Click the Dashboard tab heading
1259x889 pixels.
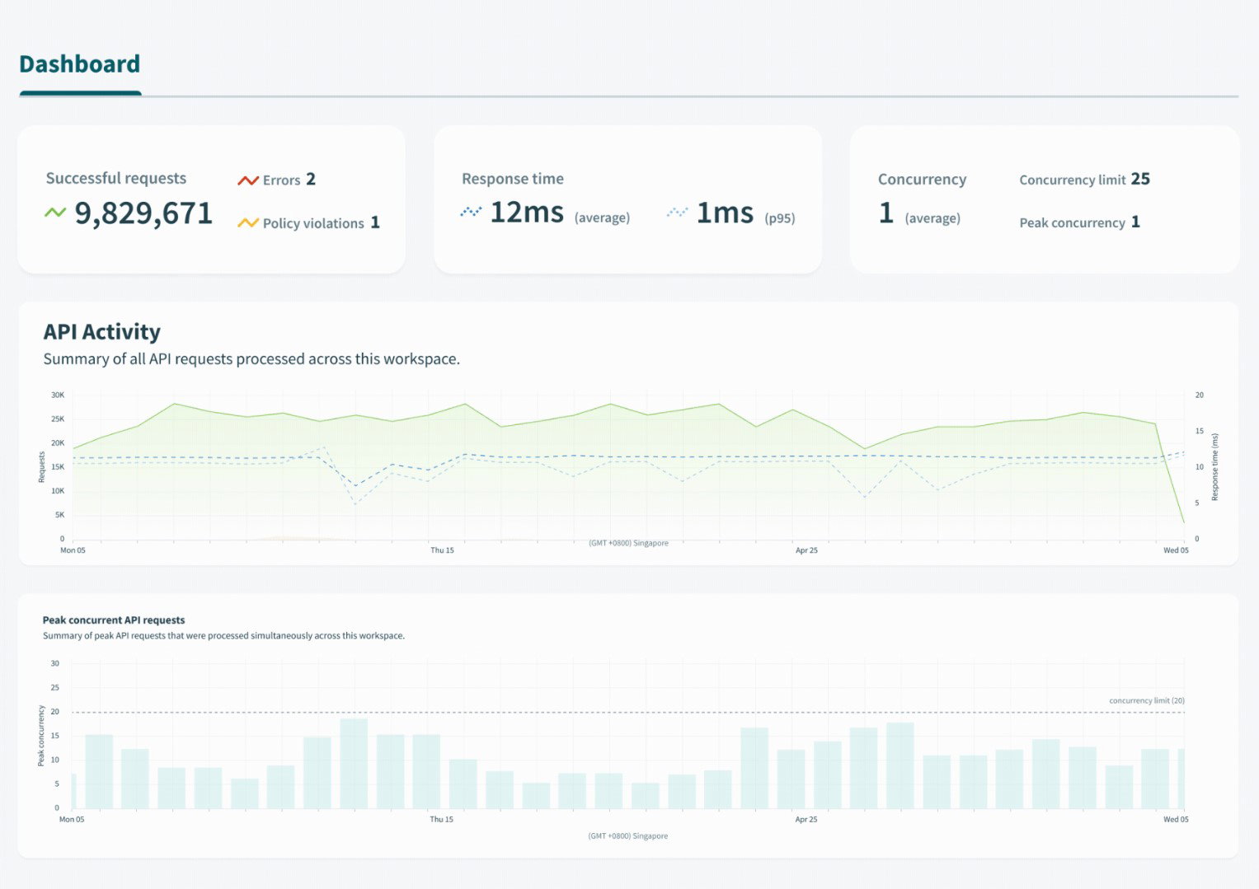pyautogui.click(x=79, y=64)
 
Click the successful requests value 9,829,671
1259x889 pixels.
pyautogui.click(x=143, y=213)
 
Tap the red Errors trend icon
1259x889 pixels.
pyautogui.click(x=247, y=180)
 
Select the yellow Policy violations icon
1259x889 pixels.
pyautogui.click(x=247, y=223)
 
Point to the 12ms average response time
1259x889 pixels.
pyautogui.click(x=527, y=213)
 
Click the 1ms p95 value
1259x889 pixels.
pyautogui.click(x=725, y=213)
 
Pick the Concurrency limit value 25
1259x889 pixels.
pyautogui.click(x=1140, y=179)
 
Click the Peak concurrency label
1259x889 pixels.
pyautogui.click(x=1072, y=222)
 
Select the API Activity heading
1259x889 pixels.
pyautogui.click(x=101, y=331)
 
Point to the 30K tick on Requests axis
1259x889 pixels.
pyautogui.click(x=58, y=395)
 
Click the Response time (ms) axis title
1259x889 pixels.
pyautogui.click(x=1214, y=466)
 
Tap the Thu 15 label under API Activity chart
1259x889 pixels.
pyautogui.click(x=442, y=550)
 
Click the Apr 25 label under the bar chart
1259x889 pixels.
pyautogui.click(x=806, y=820)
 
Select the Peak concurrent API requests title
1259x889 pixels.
pyautogui.click(x=114, y=620)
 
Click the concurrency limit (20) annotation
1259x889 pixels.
pyautogui.click(x=1146, y=700)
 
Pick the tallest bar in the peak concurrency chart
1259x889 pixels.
pyautogui.click(x=354, y=763)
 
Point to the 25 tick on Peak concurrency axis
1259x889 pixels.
pyautogui.click(x=55, y=687)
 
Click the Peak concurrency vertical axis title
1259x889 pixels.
pyautogui.click(x=41, y=735)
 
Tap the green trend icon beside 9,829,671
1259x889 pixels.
pyautogui.click(x=55, y=213)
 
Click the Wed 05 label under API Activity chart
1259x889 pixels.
pyautogui.click(x=1176, y=550)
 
